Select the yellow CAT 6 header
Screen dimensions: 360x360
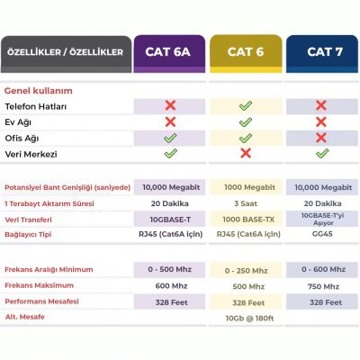[x=245, y=52]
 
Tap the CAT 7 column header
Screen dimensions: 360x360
[x=320, y=52]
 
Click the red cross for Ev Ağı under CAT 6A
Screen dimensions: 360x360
[x=170, y=122]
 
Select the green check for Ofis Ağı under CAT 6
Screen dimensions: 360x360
[x=245, y=139]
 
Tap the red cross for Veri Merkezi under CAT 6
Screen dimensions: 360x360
[x=245, y=154]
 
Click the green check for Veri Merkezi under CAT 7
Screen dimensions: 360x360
[x=320, y=154]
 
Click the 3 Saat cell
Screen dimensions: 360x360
[x=245, y=202]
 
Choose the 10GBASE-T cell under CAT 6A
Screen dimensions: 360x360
[x=170, y=219]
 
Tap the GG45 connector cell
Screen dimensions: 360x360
[x=320, y=234]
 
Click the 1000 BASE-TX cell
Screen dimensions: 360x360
[x=245, y=219]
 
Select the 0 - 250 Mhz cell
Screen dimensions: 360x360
[x=245, y=270]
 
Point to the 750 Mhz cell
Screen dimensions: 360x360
[x=320, y=286]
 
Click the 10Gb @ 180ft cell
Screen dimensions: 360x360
[x=245, y=318]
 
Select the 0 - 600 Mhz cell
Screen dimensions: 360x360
[x=320, y=270]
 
